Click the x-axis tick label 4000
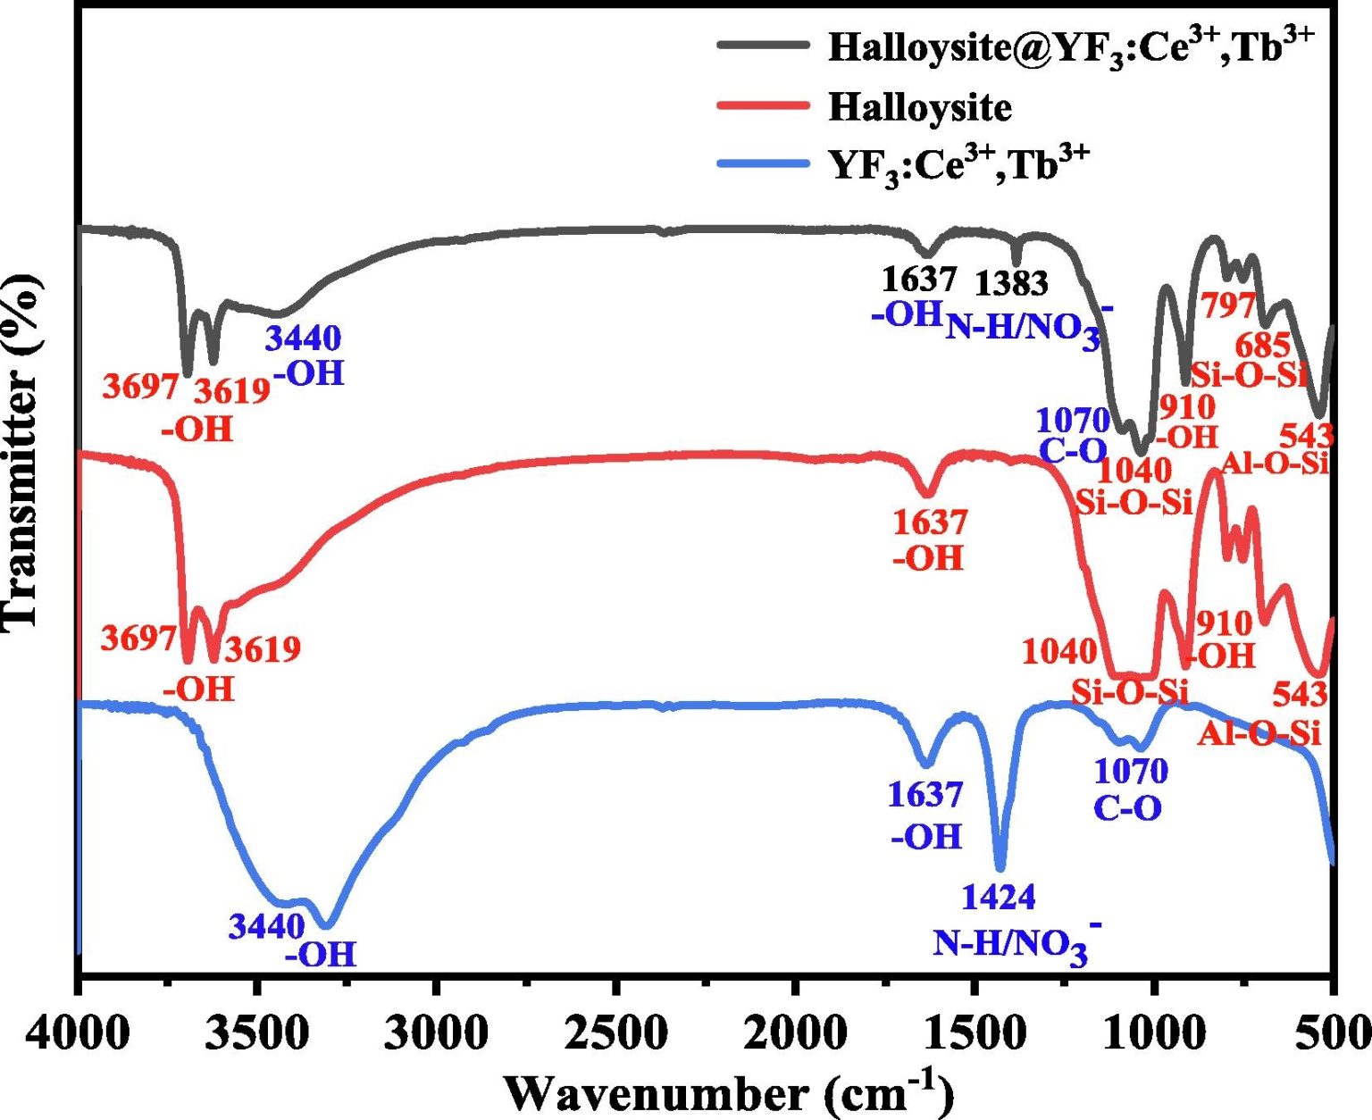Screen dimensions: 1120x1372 (x=79, y=1035)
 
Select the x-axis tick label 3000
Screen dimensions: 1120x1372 (x=437, y=1035)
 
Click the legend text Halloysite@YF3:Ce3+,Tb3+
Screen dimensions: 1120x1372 (x=1071, y=46)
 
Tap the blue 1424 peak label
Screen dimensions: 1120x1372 (x=999, y=897)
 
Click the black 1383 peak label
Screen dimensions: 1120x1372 (x=1011, y=283)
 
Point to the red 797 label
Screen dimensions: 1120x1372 (x=1229, y=305)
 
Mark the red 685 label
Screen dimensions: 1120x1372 (x=1263, y=345)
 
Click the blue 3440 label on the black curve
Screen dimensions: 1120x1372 (x=303, y=339)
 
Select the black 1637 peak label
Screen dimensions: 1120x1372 (x=919, y=280)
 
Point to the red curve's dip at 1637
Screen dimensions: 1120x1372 (x=927, y=494)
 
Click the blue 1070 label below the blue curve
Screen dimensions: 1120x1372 (x=1131, y=770)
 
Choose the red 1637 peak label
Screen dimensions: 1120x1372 (x=930, y=522)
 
